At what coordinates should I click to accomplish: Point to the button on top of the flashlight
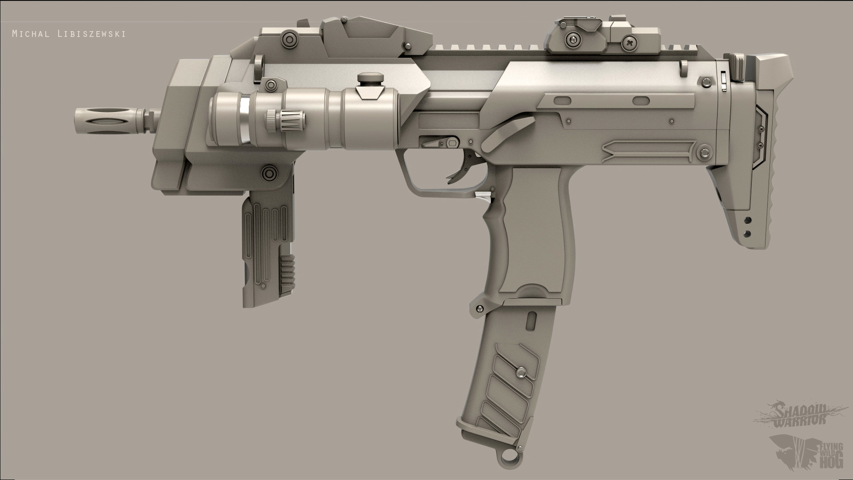(370, 79)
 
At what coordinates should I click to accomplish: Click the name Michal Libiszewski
(68, 34)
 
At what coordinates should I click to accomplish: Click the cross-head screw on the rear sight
(630, 43)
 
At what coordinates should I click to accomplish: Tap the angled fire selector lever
(506, 133)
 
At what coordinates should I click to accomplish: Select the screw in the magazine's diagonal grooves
(518, 371)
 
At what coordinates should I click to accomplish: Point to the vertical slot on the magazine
(531, 321)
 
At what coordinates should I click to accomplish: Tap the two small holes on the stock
(748, 226)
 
